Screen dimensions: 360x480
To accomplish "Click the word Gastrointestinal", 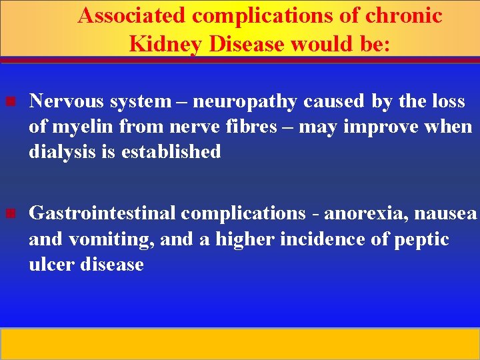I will (x=102, y=213).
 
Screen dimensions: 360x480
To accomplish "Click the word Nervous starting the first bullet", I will (x=67, y=101).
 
